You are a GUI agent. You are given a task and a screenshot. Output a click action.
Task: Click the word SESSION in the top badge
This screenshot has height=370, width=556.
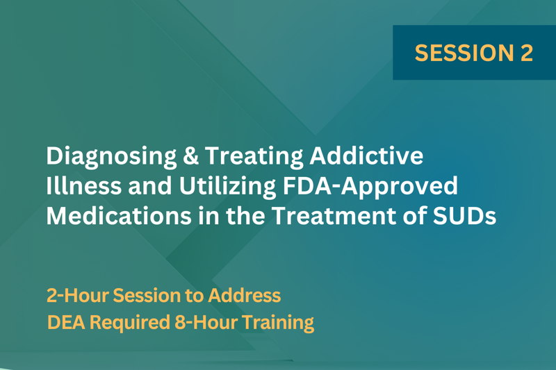(464, 53)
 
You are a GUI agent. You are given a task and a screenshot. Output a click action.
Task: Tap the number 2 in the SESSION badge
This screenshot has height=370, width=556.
(527, 53)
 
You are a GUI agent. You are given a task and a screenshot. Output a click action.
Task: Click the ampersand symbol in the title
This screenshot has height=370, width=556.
(190, 155)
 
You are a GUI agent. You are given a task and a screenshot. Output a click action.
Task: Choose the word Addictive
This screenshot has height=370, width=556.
(367, 155)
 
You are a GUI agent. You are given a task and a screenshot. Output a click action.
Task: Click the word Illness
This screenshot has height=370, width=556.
(84, 185)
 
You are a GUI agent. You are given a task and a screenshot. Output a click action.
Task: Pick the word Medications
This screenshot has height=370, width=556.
(119, 216)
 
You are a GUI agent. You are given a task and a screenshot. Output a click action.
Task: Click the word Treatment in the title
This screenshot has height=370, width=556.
(334, 216)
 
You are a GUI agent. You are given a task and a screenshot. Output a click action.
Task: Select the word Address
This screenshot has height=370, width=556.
(245, 295)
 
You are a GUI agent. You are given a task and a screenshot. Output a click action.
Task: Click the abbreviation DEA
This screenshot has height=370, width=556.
(66, 322)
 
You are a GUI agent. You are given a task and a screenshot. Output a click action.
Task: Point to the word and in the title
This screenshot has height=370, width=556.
(150, 185)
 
